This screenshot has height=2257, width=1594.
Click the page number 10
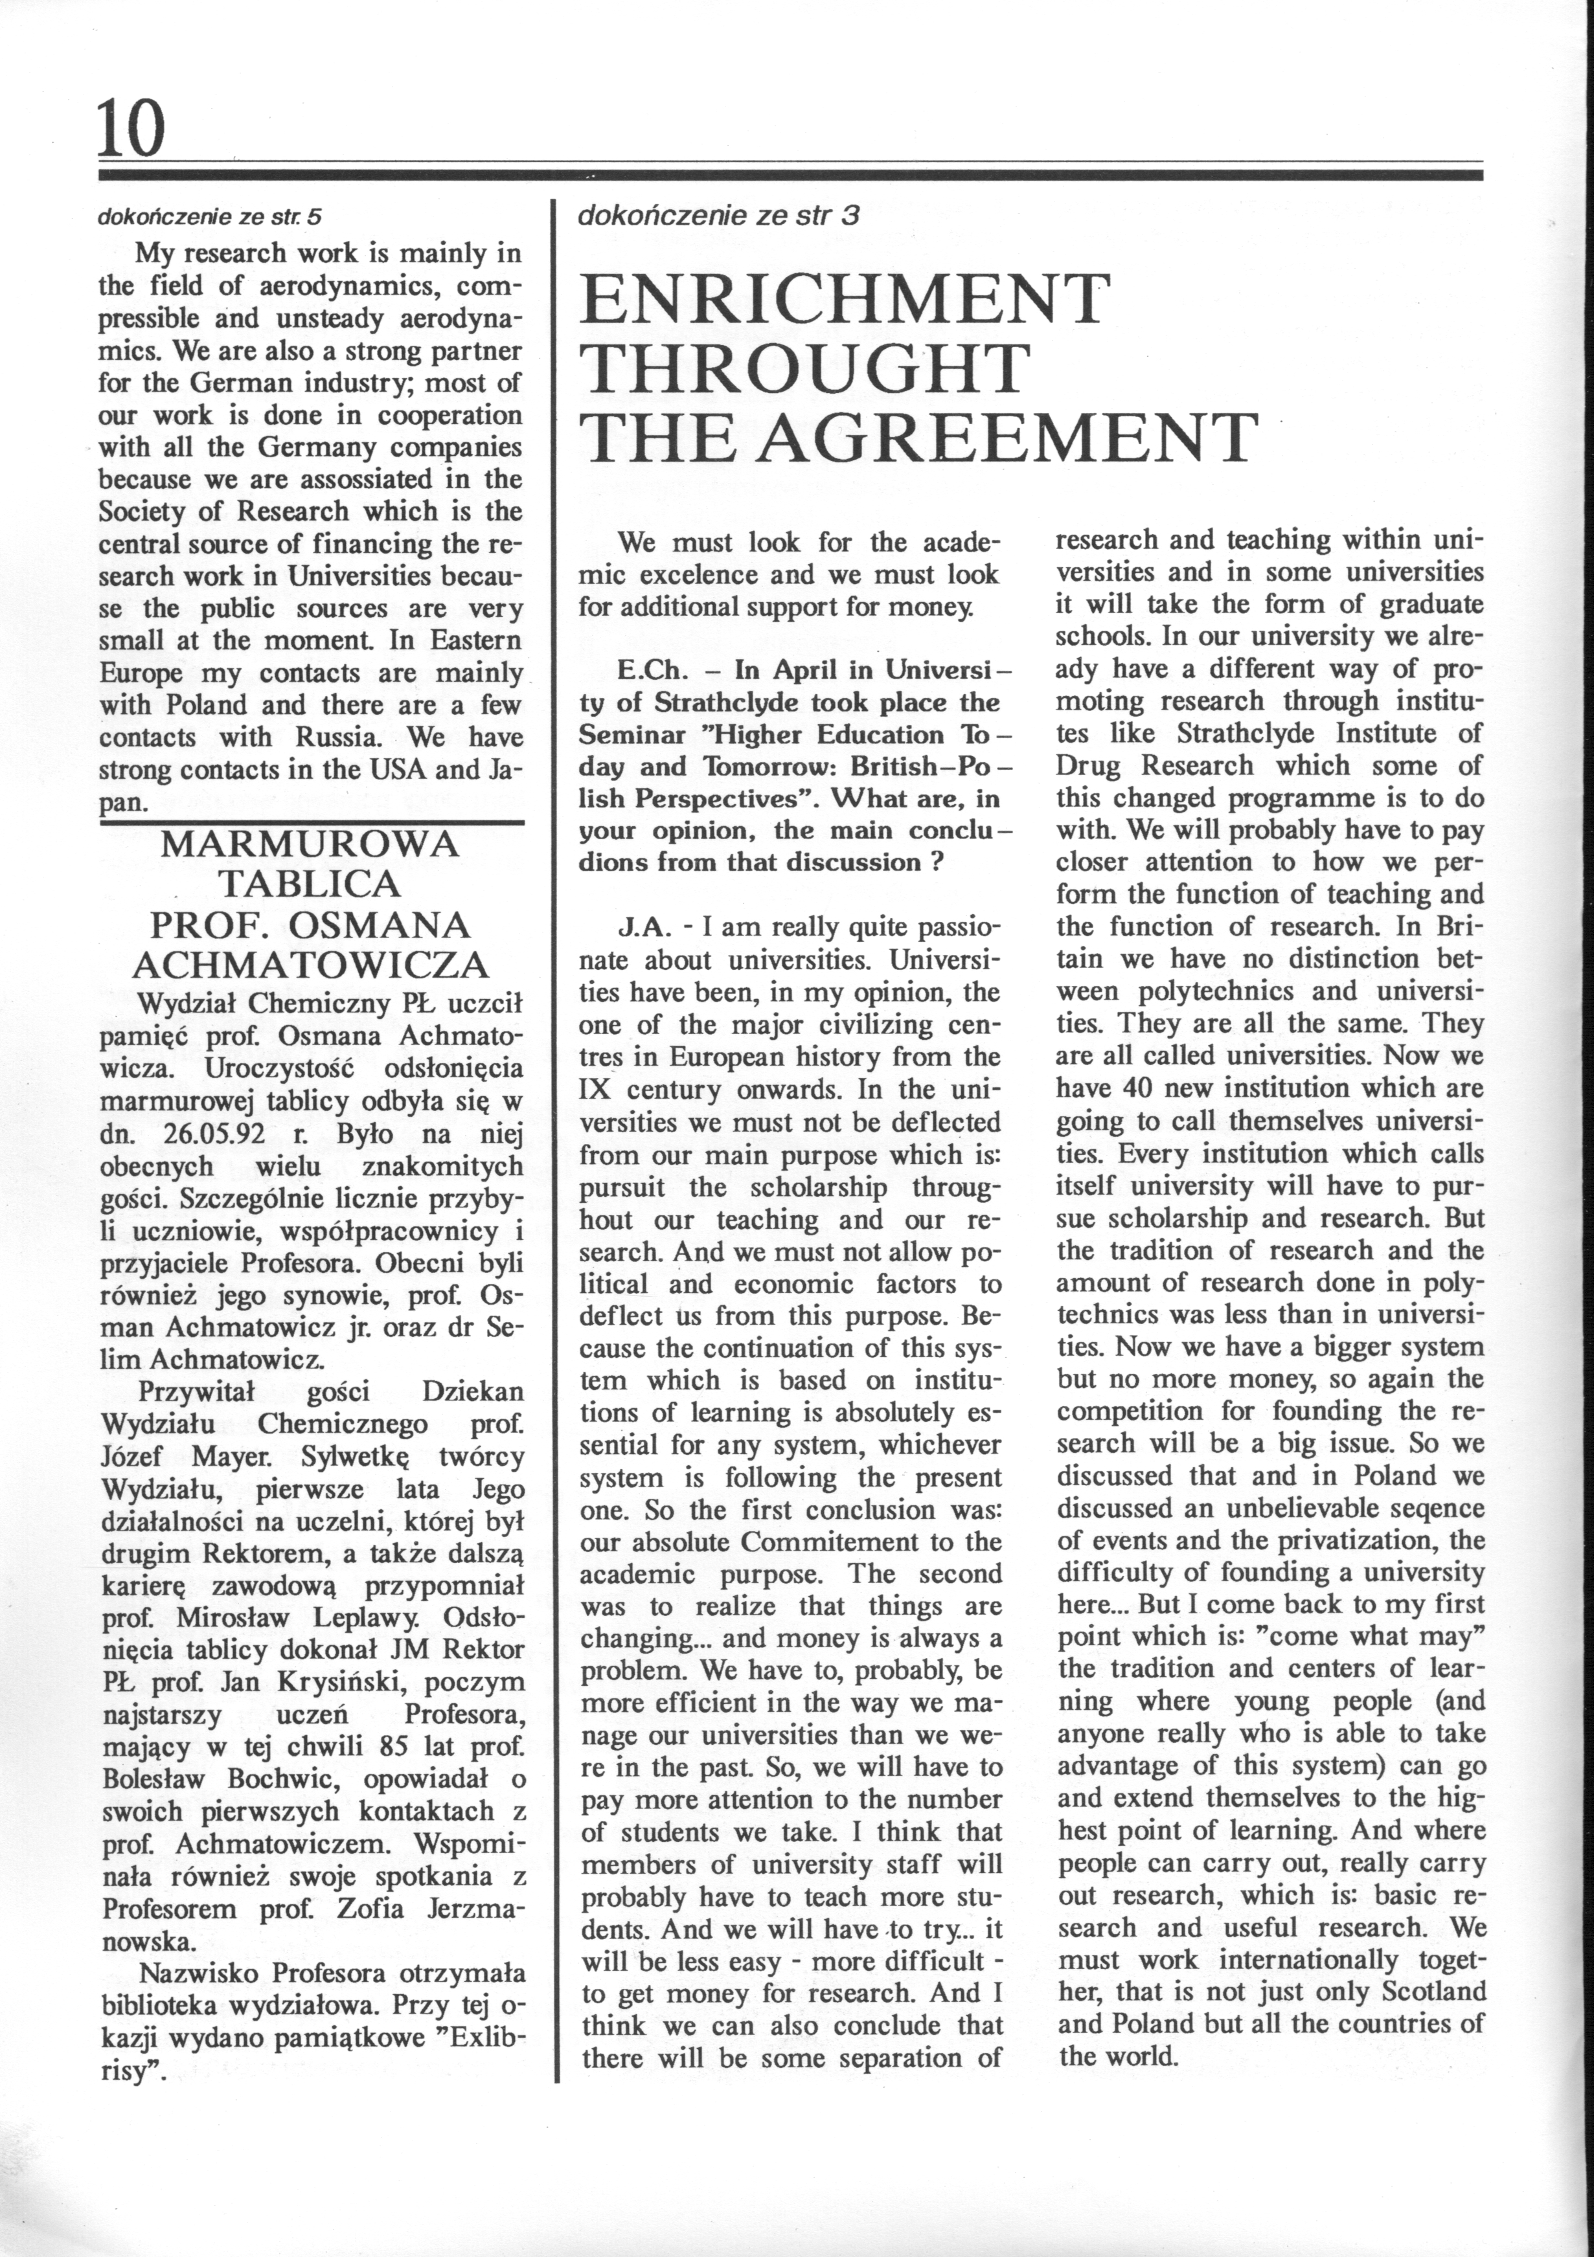click(131, 129)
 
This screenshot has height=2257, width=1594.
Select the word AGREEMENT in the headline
click(1010, 438)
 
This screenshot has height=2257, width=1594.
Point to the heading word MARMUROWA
click(310, 844)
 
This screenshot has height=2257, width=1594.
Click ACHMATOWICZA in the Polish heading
click(311, 965)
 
